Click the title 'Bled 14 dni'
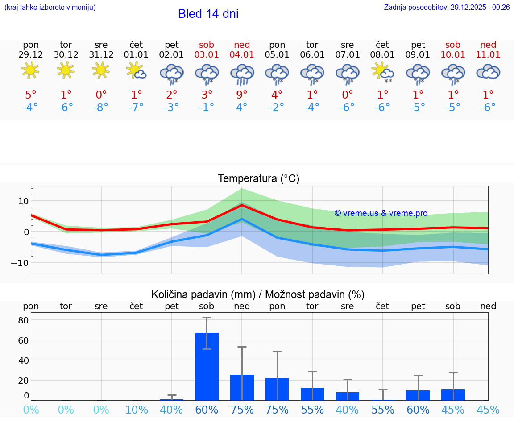coord(208,14)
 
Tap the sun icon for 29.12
coord(30,70)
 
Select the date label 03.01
coord(207,55)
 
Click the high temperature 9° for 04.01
coord(242,95)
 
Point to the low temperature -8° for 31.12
coord(101,108)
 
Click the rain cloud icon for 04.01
coord(242,74)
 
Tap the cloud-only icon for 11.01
coord(488,71)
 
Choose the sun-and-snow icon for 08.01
coord(382,73)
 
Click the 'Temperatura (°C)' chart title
coord(258,179)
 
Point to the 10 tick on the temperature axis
coord(23,201)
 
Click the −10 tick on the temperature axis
coord(21,263)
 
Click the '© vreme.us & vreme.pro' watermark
coord(381,213)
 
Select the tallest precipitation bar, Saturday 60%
coord(207,366)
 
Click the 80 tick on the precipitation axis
coord(23,320)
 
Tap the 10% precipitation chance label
coord(137,410)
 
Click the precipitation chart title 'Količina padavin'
coord(258,294)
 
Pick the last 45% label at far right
coord(488,410)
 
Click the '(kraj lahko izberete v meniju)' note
coord(50,7)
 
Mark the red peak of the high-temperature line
coord(242,205)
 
